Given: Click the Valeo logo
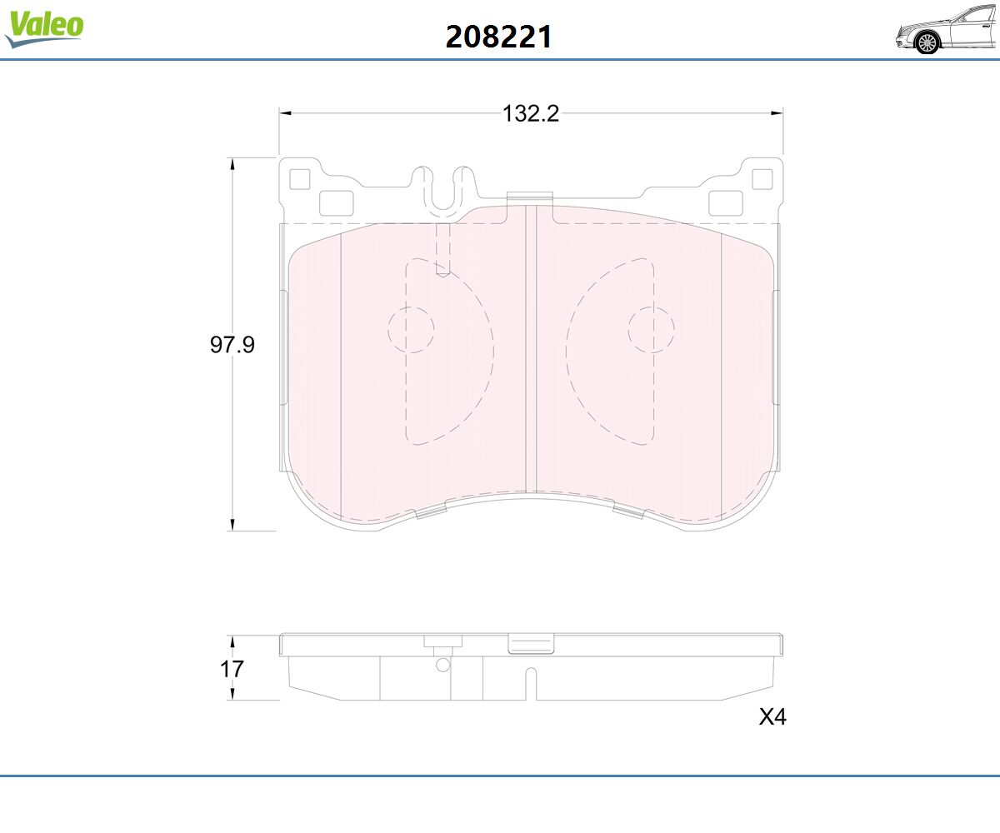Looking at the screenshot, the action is point(44,28).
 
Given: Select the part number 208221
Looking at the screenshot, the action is point(498,37).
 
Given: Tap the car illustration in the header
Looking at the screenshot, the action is point(947,30).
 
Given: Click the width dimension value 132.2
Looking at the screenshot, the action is point(531,114).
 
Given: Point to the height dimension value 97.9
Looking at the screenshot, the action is point(232,345).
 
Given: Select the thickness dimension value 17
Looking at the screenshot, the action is point(232,669).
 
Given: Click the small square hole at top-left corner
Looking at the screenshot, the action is point(300,180).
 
